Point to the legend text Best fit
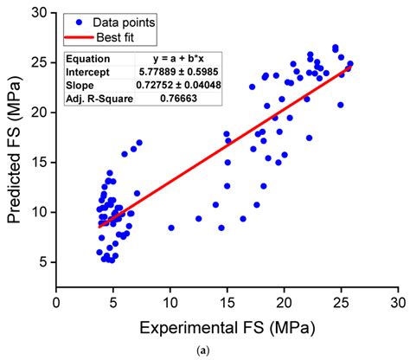click(x=132, y=38)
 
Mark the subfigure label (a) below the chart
click(x=227, y=350)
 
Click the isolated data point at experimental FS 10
click(x=171, y=228)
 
